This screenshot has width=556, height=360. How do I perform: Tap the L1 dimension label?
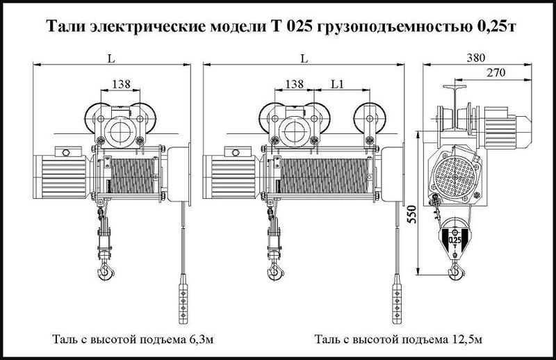[x=337, y=84]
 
